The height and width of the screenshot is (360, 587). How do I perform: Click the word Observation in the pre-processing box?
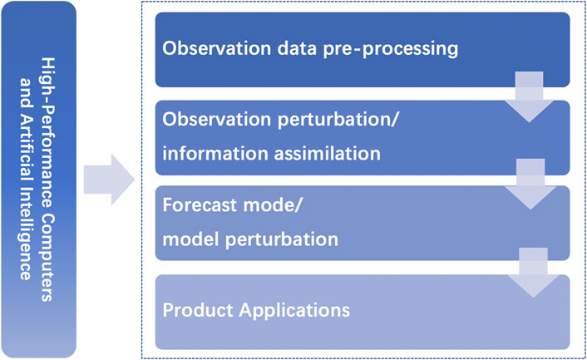pos(216,48)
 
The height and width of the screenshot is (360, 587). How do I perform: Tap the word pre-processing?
pos(391,49)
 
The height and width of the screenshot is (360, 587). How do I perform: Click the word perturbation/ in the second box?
pos(338,120)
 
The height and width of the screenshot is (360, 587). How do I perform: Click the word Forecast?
pos(200,205)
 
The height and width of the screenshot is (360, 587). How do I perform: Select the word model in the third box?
pos(191,239)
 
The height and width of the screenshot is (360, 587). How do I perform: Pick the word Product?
pos(198,310)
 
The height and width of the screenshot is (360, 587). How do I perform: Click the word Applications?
pos(294,311)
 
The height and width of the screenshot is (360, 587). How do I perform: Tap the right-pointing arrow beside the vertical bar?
pos(109,180)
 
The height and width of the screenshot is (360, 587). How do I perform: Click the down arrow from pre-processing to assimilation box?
pos(529,97)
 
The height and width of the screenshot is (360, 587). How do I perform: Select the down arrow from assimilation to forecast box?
pos(530,184)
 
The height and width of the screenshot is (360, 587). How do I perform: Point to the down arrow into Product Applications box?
pos(533,273)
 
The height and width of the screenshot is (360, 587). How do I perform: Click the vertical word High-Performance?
pos(47,133)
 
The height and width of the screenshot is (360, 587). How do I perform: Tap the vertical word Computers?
pos(47,258)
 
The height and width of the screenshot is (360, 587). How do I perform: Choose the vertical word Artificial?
pos(26,159)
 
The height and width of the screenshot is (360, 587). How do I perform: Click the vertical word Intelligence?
pos(26,244)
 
